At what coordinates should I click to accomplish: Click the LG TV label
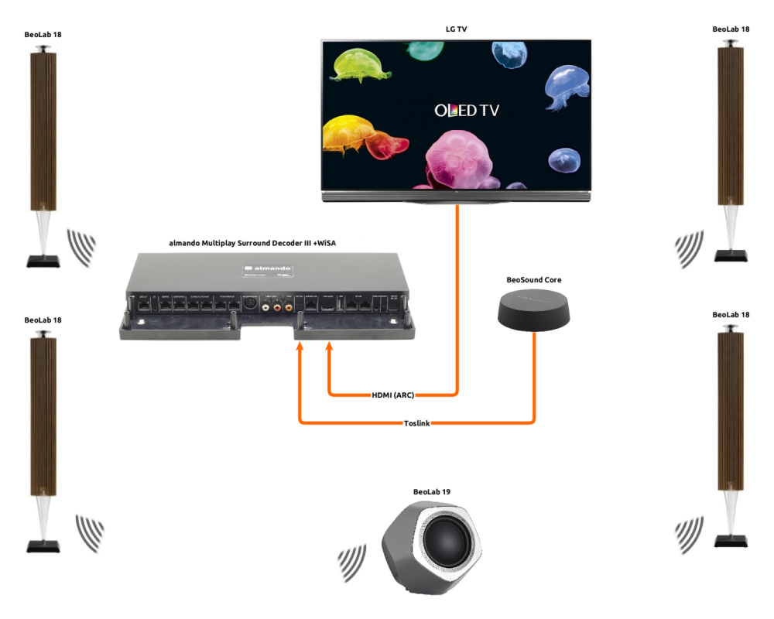[457, 29]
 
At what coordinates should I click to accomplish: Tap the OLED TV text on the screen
[467, 111]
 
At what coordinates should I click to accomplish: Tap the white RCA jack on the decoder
[266, 307]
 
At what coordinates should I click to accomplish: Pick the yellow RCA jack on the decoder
[288, 307]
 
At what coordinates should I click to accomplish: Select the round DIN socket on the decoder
[250, 305]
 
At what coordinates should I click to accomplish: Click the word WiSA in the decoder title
[324, 243]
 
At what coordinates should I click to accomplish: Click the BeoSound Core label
[534, 279]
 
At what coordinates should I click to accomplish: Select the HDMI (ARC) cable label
[393, 395]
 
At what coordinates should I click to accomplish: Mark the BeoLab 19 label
[432, 491]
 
